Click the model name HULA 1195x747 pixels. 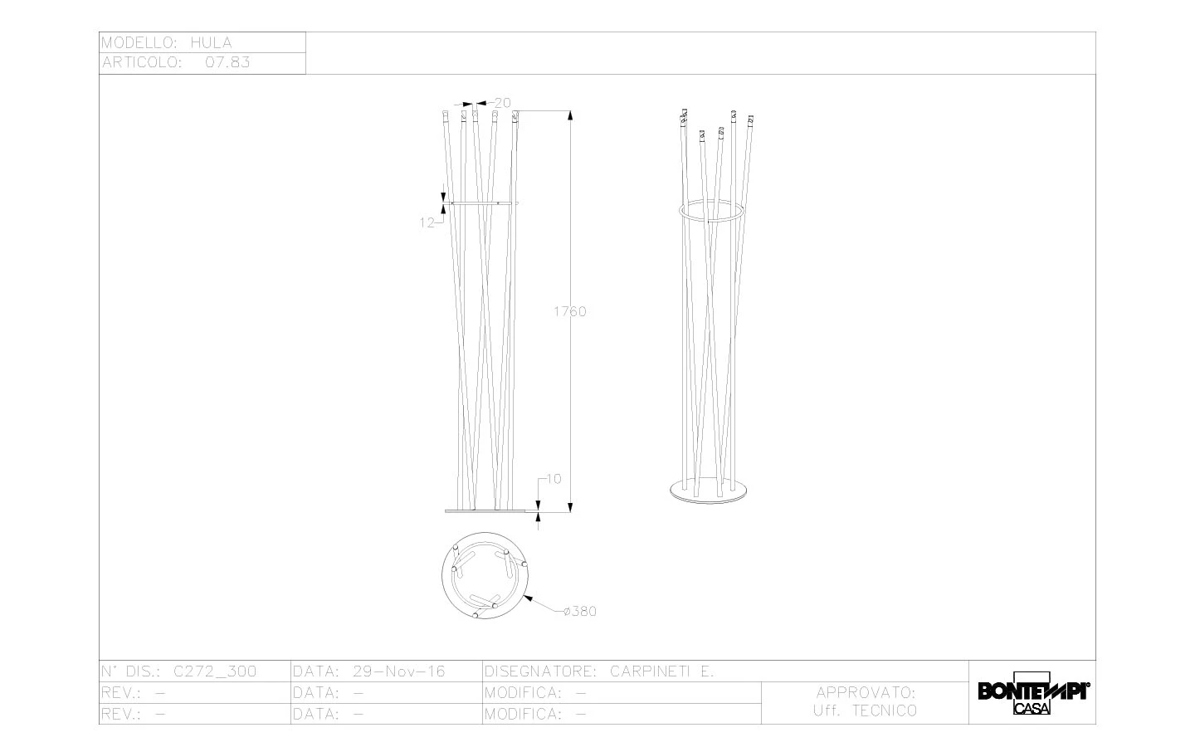click(212, 42)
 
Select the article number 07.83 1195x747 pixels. click(227, 62)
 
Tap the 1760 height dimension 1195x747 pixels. click(569, 311)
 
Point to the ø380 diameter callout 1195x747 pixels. click(580, 612)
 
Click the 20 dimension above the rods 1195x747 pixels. click(503, 102)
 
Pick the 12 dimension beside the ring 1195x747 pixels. click(427, 222)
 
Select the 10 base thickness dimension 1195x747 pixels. click(554, 479)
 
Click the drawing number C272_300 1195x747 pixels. click(215, 671)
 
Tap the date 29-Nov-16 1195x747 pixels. click(399, 671)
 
